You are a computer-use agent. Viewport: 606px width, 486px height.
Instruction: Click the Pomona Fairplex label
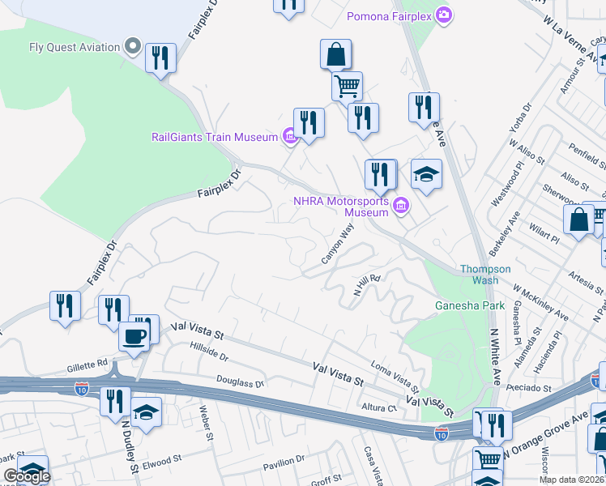[x=389, y=16]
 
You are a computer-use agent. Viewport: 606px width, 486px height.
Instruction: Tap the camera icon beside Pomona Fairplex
[x=443, y=15]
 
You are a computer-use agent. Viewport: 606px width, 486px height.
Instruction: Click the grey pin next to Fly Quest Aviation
[x=134, y=46]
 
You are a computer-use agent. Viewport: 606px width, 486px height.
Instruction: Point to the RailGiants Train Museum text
[x=215, y=137]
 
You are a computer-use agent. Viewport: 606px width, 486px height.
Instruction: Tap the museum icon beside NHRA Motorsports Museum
[x=399, y=207]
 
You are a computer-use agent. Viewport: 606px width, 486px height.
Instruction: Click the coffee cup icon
[x=134, y=335]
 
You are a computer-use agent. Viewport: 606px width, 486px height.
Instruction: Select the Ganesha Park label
[x=470, y=305]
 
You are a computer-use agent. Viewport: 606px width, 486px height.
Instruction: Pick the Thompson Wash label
[x=485, y=275]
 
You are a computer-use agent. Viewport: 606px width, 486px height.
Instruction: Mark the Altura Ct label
[x=381, y=407]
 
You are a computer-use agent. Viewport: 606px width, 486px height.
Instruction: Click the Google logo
[x=26, y=476]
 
